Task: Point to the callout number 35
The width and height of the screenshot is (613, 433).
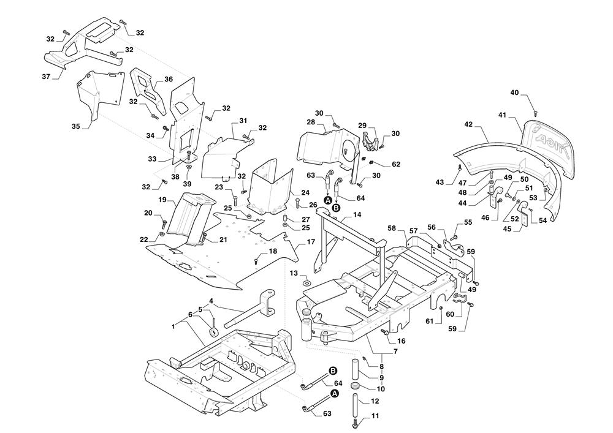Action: click(x=75, y=126)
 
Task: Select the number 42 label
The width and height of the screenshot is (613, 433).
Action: click(x=468, y=124)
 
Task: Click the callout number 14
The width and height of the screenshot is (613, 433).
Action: click(x=357, y=215)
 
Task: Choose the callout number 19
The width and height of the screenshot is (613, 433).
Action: click(x=162, y=200)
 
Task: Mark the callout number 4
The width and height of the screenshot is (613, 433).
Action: click(x=210, y=301)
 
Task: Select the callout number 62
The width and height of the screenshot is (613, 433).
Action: click(x=395, y=164)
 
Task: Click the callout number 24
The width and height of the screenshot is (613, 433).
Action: click(x=287, y=192)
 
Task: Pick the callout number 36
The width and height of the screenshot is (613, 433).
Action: click(x=169, y=79)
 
